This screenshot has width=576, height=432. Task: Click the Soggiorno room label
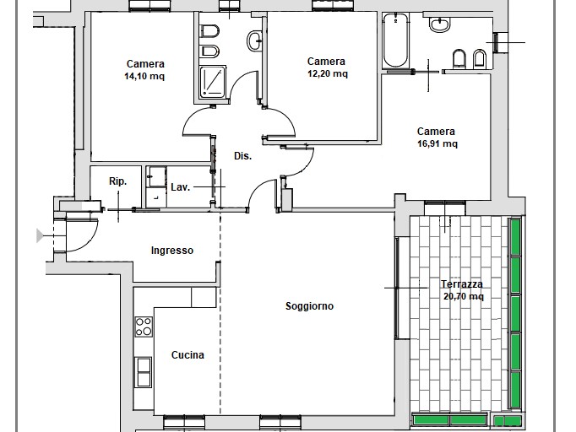tap(309, 305)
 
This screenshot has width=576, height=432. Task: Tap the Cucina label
tap(187, 355)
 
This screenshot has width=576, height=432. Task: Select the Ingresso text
tap(172, 251)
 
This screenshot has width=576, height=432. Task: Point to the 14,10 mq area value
tap(144, 76)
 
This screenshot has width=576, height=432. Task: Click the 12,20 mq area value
tap(328, 73)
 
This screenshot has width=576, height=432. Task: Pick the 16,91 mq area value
tap(437, 143)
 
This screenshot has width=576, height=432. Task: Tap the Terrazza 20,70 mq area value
tap(463, 296)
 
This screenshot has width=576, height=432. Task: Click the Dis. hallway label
tap(243, 156)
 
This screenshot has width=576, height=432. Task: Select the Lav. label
tap(181, 187)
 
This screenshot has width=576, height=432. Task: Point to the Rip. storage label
tap(118, 181)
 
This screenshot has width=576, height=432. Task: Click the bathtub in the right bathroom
tap(395, 40)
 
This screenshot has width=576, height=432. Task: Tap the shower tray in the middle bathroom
tap(213, 82)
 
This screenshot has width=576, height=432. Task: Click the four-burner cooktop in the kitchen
tap(144, 327)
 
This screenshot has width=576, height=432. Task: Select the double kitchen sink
tap(144, 372)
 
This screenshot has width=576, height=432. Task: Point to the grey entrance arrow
tap(40, 235)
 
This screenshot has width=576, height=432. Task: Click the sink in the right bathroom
tap(439, 24)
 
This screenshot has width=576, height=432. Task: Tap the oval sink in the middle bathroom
tap(254, 40)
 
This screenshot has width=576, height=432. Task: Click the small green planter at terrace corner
tap(507, 421)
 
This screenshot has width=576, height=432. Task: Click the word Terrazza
tap(462, 284)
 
